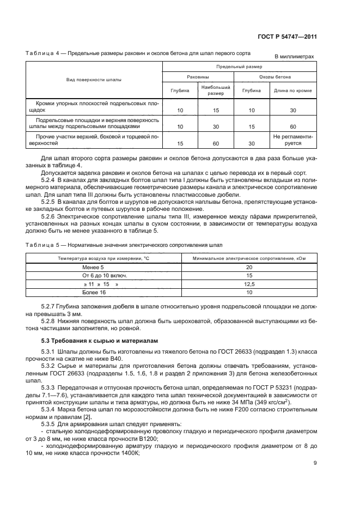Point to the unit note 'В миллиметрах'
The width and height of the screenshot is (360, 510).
294,57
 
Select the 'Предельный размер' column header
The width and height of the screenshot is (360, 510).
239,66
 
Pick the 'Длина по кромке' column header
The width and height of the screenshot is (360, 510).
293,90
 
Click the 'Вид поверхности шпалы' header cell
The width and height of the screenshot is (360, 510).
94,80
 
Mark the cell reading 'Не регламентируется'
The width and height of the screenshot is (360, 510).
293,140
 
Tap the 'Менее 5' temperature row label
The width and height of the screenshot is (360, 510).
94,268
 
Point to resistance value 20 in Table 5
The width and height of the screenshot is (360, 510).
249,268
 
